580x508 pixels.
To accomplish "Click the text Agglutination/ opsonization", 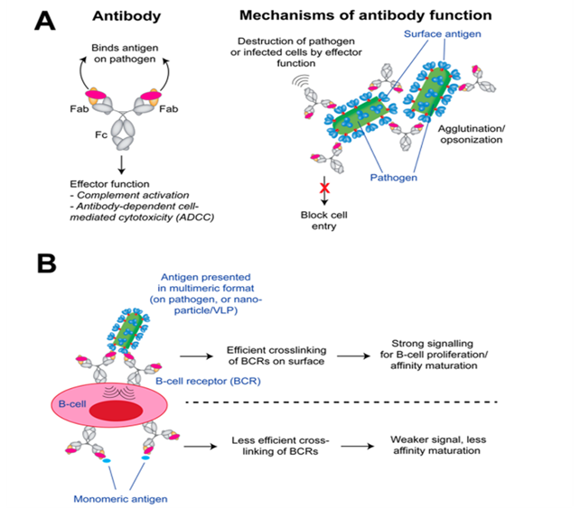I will (471, 135).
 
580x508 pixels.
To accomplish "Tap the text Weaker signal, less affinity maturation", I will (438, 445).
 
